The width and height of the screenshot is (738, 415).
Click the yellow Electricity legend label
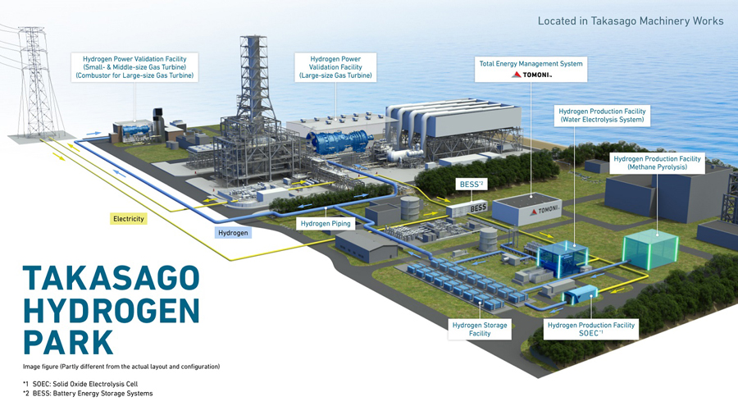tap(129, 219)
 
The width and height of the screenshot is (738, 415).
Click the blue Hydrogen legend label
tap(233, 233)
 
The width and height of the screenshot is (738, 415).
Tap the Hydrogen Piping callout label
tap(325, 223)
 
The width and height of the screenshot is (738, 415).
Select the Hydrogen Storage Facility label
tap(480, 330)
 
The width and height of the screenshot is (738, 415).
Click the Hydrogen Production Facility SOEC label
tap(590, 330)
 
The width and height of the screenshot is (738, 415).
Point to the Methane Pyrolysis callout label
tap(657, 162)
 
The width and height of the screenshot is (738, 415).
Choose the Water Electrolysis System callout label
tap(602, 115)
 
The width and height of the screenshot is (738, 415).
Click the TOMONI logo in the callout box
tap(532, 75)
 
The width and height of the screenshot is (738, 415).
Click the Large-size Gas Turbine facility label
tap(335, 67)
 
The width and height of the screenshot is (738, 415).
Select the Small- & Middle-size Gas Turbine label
tap(134, 67)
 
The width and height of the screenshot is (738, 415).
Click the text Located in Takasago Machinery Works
tap(631, 21)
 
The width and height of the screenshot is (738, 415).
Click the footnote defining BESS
tap(88, 394)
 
